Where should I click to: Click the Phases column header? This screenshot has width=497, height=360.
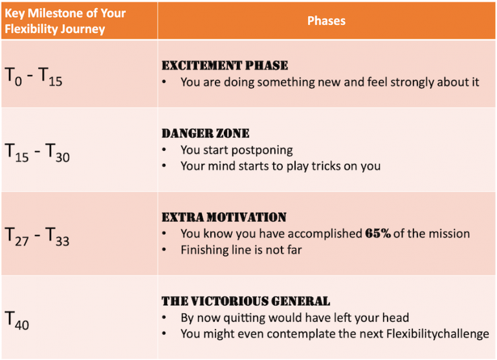coord(326,21)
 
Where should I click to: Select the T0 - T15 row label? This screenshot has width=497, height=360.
coord(34,76)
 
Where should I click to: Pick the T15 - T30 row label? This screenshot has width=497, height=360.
coord(38,152)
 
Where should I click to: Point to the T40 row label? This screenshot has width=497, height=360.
coord(17,319)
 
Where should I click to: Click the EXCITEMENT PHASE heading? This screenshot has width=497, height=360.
coord(225,65)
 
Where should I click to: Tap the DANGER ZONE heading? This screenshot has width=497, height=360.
coord(205,133)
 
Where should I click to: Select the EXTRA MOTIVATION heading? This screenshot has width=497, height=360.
coord(224,217)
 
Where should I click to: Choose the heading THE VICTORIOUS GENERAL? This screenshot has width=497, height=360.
coord(246,301)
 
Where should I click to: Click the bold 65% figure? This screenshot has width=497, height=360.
coord(377,234)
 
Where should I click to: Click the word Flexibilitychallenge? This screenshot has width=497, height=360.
coord(432,334)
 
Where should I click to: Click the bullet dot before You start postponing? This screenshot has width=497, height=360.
coord(166,150)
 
